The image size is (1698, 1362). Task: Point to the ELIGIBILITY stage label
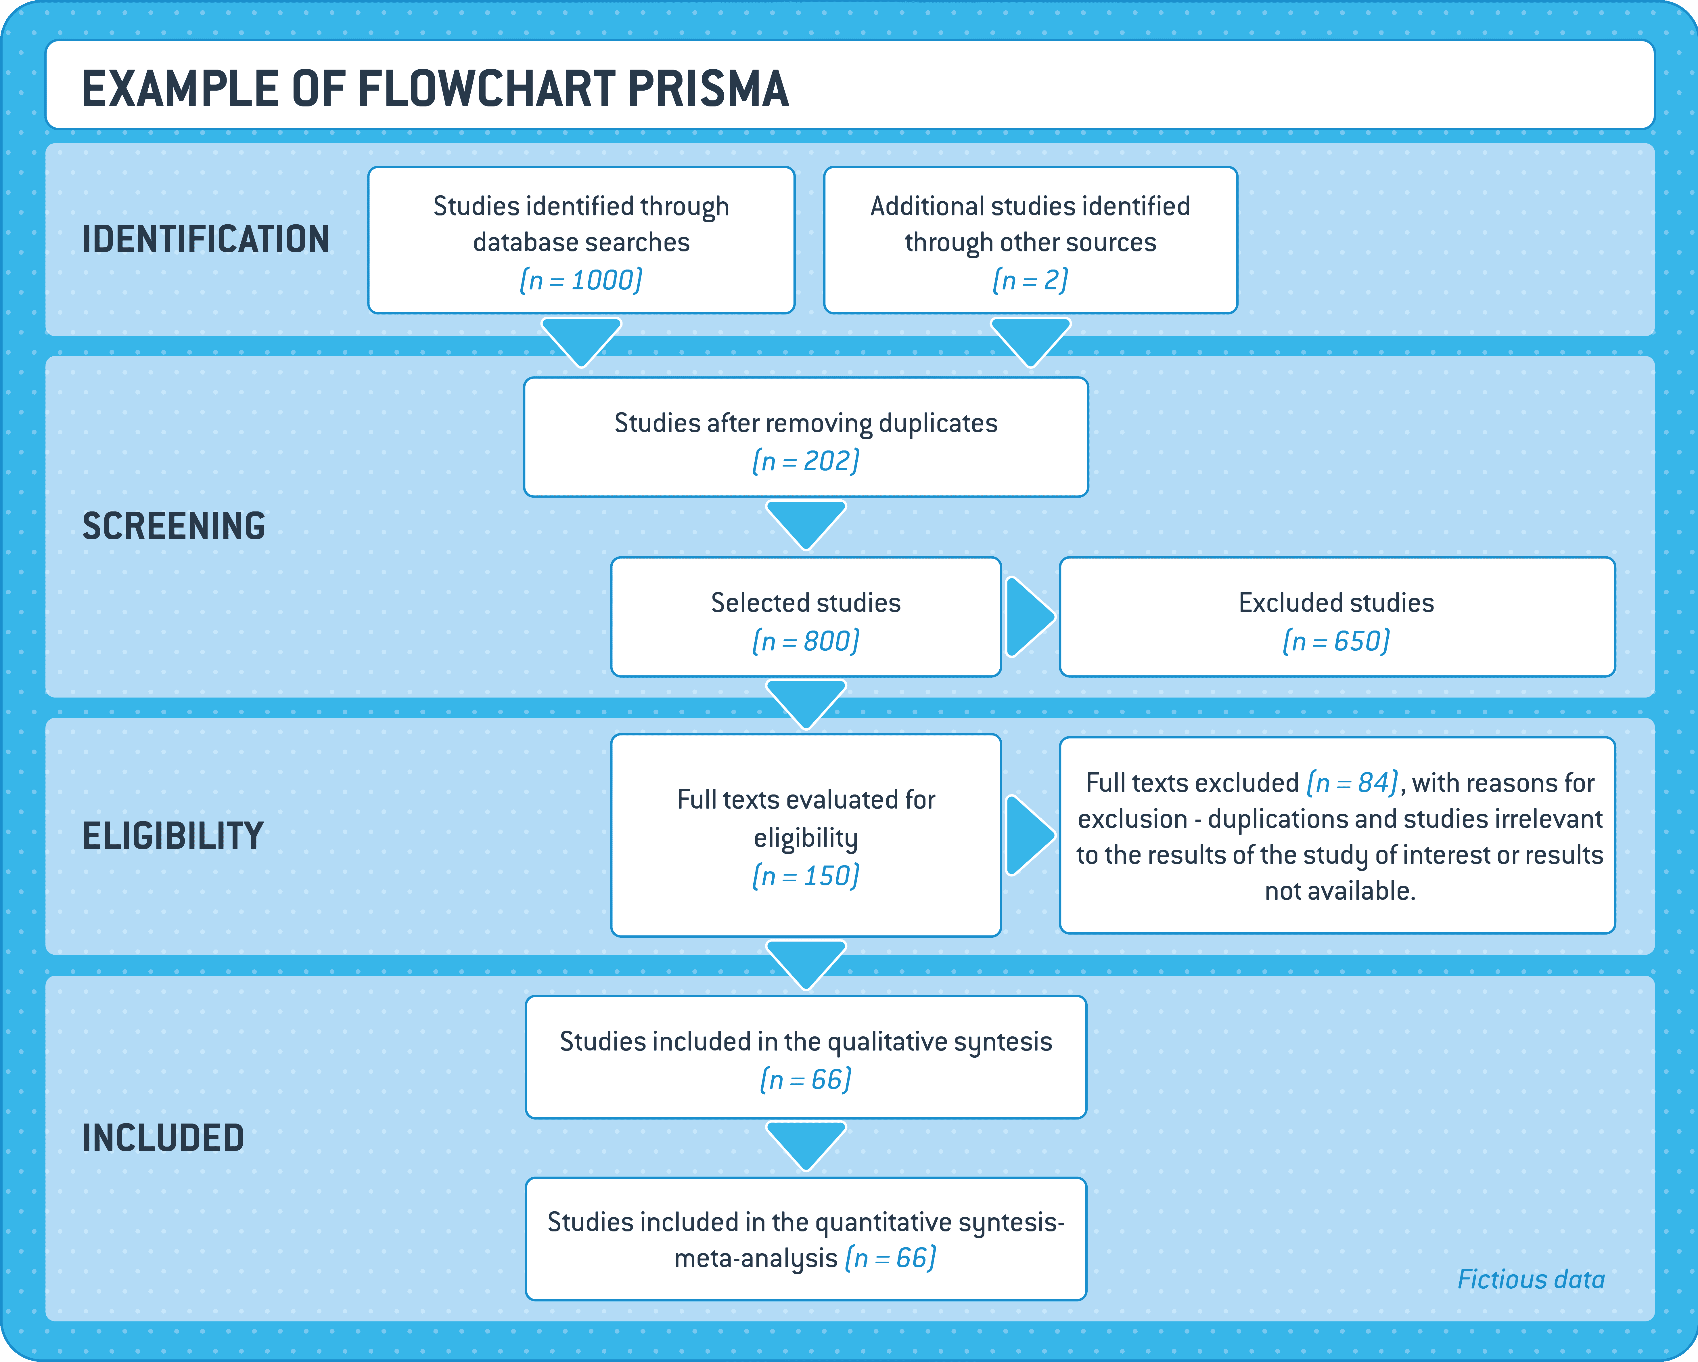coord(173,836)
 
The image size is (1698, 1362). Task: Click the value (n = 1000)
coord(581,280)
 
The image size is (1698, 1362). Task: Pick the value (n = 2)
coord(1030,280)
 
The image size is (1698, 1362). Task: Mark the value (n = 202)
coord(806,461)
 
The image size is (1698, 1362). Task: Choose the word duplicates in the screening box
coord(938,424)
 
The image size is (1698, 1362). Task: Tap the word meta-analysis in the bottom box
coord(756,1259)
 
